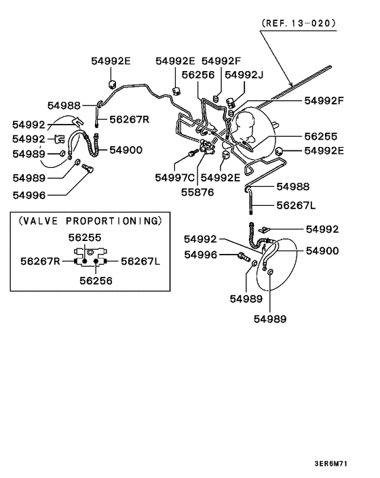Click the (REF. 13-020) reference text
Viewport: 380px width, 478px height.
298,22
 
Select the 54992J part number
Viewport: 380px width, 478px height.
245,74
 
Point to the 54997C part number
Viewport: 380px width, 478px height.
174,177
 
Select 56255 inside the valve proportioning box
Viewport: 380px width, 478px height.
85,238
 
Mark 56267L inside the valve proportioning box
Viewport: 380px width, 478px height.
140,261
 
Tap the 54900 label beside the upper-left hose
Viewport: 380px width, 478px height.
126,150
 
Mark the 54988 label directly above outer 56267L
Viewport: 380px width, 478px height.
293,186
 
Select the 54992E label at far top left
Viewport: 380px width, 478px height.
111,60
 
